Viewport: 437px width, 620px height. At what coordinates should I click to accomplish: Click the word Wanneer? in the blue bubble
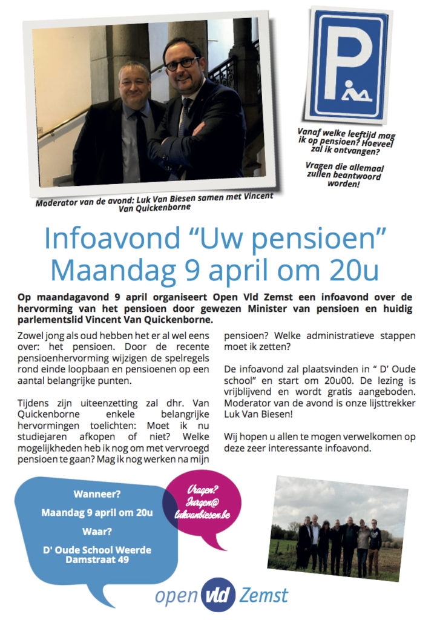97,493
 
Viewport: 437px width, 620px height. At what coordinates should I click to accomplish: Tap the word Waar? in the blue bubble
97,532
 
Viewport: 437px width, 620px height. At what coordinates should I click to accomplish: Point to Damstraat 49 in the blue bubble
97,560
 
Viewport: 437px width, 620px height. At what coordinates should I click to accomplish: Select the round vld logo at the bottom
217,595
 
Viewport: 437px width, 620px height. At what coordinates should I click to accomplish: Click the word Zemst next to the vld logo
263,595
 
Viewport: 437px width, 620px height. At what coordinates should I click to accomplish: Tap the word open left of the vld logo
176,596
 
